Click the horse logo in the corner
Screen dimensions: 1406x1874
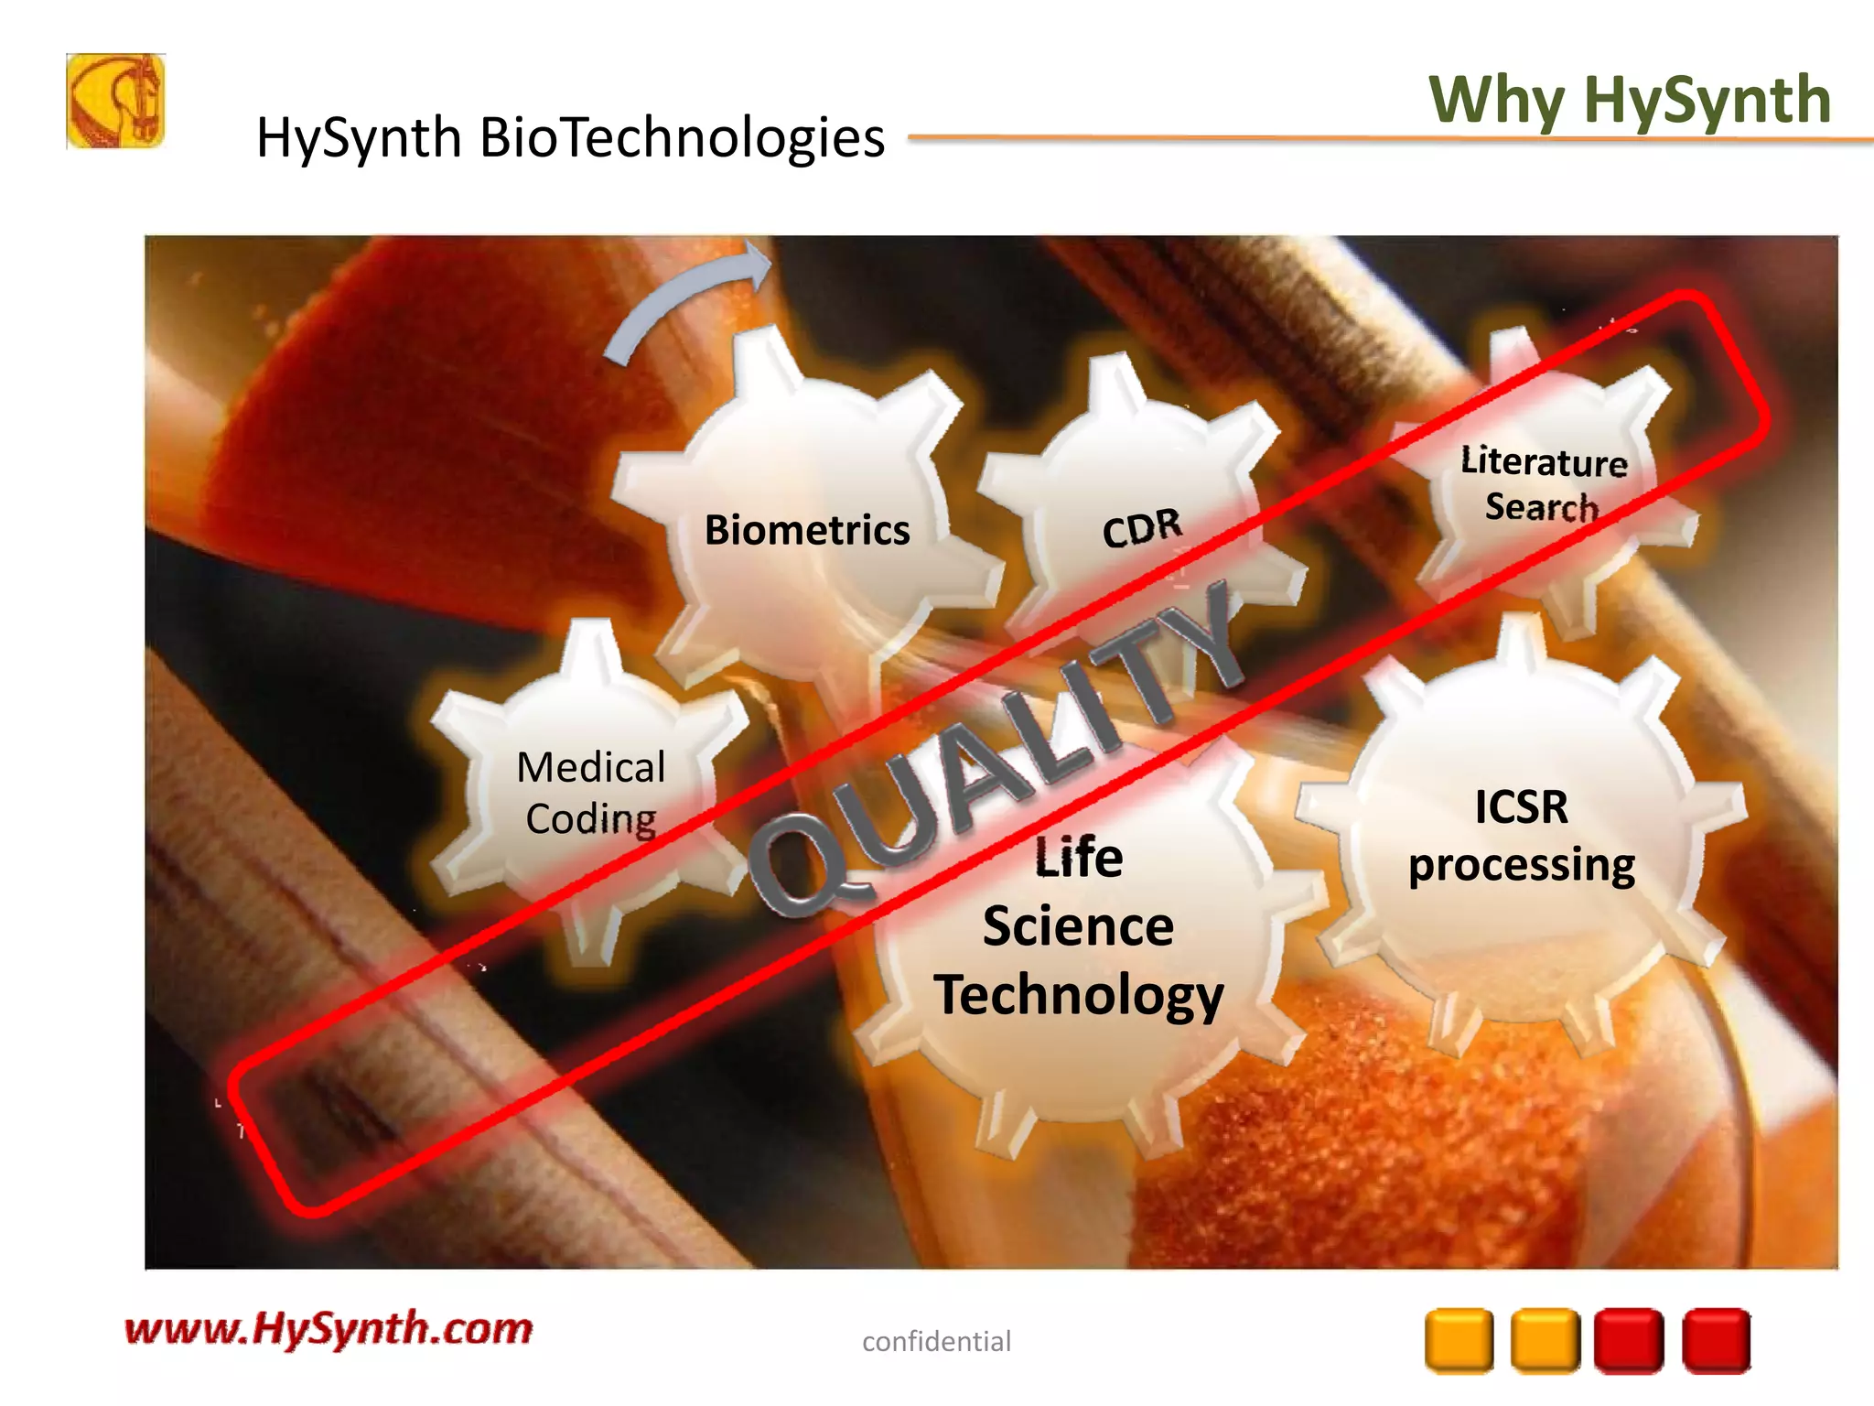click(x=115, y=101)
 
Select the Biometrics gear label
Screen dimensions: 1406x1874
click(x=807, y=530)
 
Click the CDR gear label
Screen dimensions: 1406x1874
click(x=1142, y=528)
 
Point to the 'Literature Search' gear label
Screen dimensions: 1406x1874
click(x=1543, y=483)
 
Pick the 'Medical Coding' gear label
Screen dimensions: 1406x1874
click(x=591, y=793)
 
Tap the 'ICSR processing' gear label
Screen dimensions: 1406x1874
click(x=1521, y=835)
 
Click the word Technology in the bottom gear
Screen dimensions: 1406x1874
click(x=1078, y=995)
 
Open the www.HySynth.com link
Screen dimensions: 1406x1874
click(x=328, y=1328)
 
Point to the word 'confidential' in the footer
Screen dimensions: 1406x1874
click(x=936, y=1341)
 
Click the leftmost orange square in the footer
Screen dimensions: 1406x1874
click(x=1459, y=1341)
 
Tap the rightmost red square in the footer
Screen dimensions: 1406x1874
click(x=1716, y=1341)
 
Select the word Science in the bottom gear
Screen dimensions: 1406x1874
click(x=1078, y=926)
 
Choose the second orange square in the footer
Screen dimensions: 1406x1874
click(x=1545, y=1341)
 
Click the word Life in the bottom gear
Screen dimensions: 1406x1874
click(x=1078, y=858)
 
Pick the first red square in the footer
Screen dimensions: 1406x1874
click(x=1629, y=1341)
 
